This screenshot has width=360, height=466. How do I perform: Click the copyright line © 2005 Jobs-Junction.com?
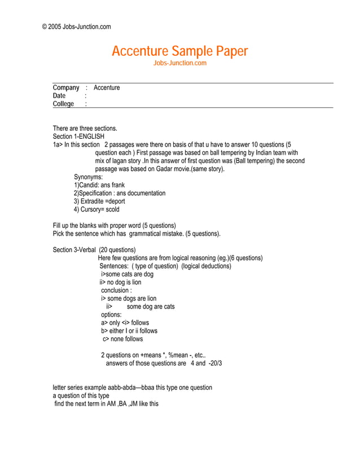click(x=76, y=27)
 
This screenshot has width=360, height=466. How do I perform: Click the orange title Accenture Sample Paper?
click(x=179, y=51)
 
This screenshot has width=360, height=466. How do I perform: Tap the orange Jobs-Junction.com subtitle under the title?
click(x=180, y=63)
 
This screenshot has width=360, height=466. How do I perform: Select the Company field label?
click(x=66, y=88)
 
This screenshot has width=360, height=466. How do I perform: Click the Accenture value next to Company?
click(x=107, y=88)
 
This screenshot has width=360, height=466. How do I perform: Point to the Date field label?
click(x=59, y=96)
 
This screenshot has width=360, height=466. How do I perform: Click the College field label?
click(x=63, y=104)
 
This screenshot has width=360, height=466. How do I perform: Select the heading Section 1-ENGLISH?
click(x=78, y=137)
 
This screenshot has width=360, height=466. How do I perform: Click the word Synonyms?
click(x=88, y=177)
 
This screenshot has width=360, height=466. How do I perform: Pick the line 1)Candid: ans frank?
click(x=99, y=185)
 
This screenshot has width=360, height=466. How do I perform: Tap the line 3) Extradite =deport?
click(x=99, y=201)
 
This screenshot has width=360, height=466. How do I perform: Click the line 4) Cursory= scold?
click(x=96, y=209)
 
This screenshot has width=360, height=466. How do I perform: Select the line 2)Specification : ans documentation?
click(x=120, y=194)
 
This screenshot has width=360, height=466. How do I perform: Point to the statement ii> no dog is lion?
click(x=120, y=282)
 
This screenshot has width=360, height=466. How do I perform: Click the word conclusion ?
click(x=116, y=291)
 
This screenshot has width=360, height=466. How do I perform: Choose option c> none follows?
click(x=122, y=339)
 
